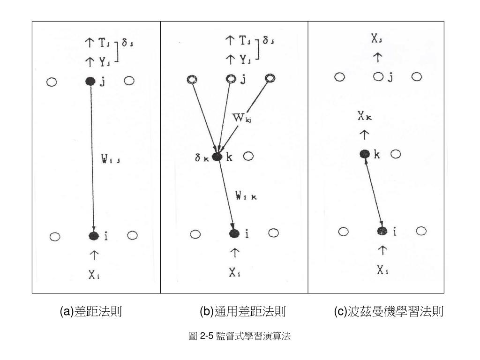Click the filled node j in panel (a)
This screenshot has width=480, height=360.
[90, 81]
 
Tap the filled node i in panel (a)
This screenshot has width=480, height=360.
[94, 236]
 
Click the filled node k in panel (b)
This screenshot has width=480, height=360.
[217, 157]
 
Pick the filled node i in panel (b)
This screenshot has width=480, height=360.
[234, 233]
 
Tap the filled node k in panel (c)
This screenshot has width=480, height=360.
[365, 154]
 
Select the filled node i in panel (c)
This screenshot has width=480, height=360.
[382, 231]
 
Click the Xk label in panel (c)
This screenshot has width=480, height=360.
[364, 118]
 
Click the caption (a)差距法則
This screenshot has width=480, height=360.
[91, 311]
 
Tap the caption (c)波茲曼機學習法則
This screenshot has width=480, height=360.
[389, 311]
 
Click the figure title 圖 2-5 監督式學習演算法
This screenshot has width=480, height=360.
[240, 336]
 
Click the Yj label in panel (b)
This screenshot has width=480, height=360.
[244, 60]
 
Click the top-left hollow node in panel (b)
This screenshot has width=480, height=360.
[192, 79]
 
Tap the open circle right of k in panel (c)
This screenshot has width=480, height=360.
[396, 154]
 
